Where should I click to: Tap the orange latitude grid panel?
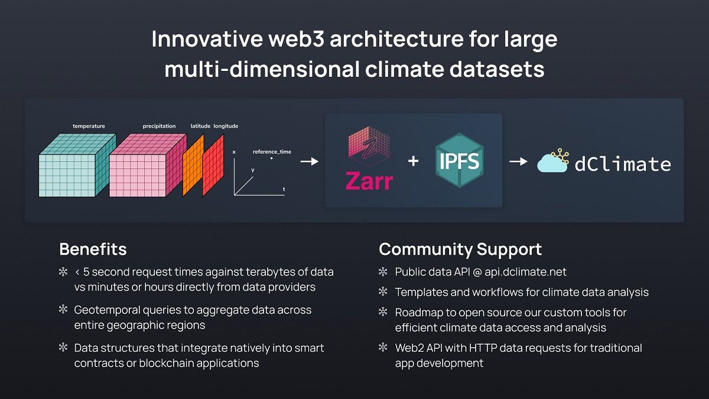pos(193,165)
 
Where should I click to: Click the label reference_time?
pos(272,152)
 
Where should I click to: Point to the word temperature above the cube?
pos(89,126)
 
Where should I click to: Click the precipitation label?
pos(159,126)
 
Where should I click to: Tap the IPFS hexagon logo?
pos(460,160)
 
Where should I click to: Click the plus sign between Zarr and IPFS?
pos(414,161)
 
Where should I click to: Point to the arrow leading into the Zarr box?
pos(310,161)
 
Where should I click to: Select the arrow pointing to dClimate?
pos(518,161)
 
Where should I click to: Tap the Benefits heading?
pos(93,249)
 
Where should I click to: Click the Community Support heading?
pos(460,249)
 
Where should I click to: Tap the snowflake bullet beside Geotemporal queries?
pos(63,310)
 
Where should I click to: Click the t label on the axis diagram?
pos(284,189)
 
